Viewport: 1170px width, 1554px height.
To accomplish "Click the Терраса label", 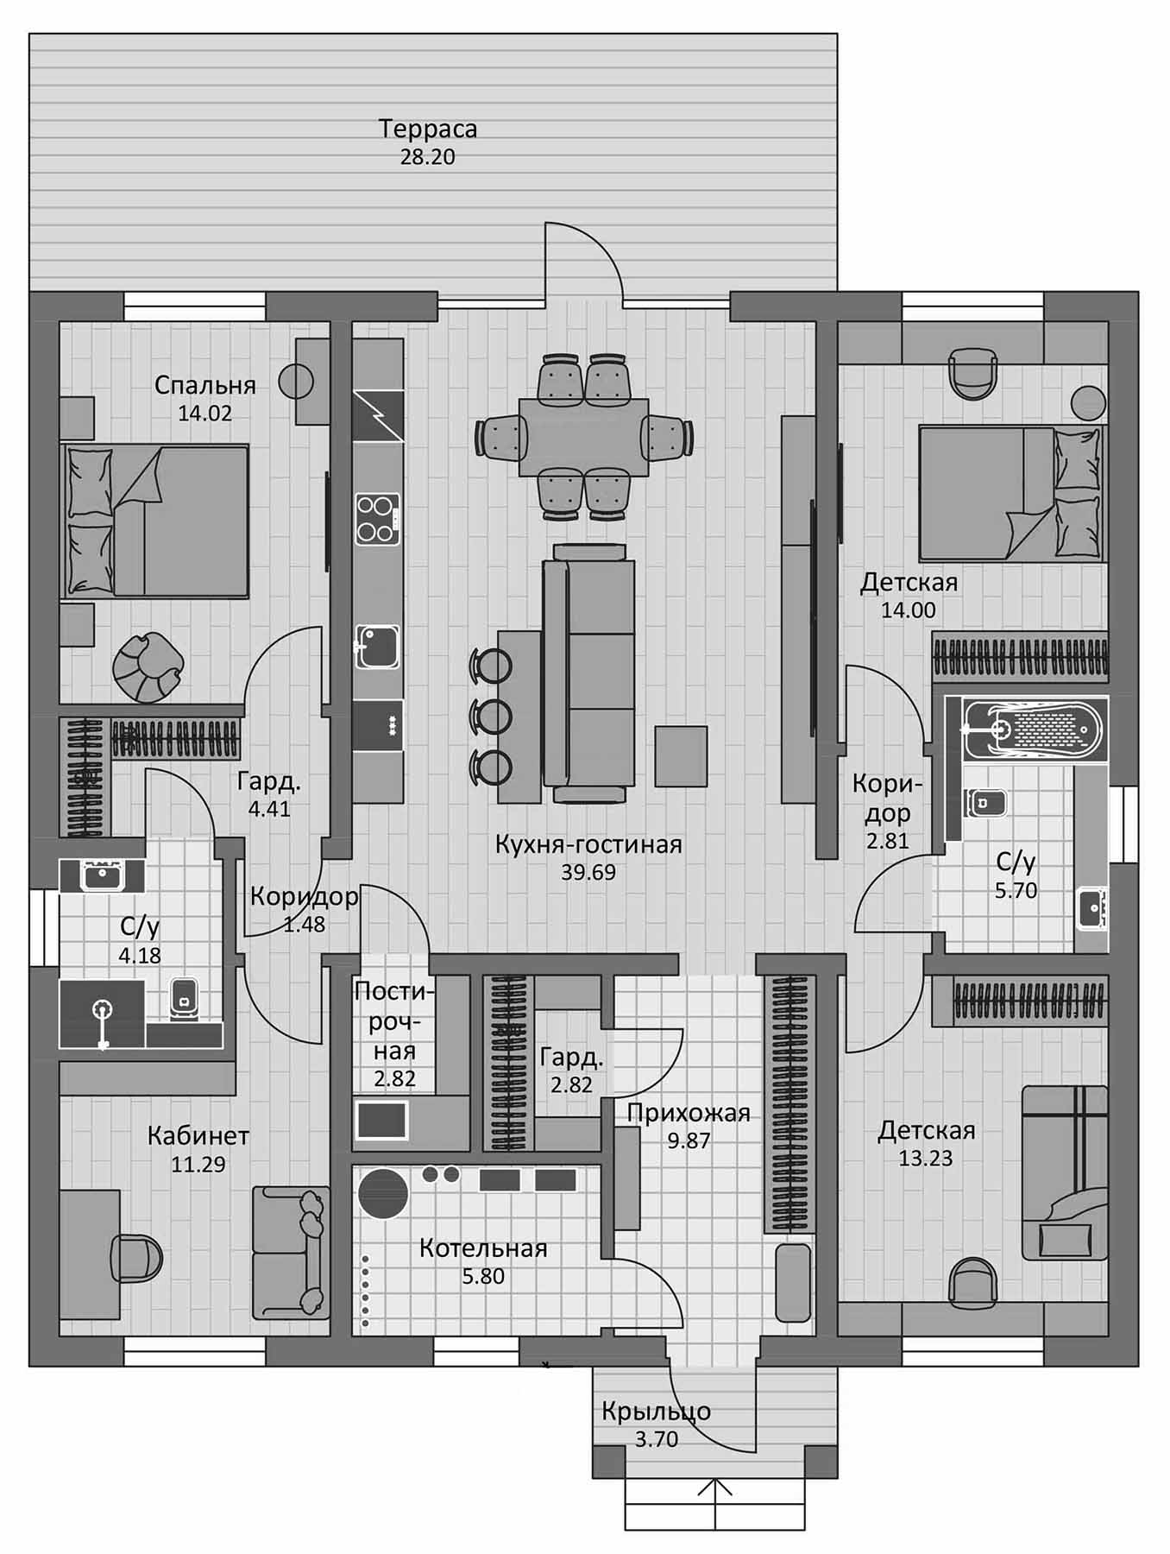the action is pyautogui.click(x=428, y=129).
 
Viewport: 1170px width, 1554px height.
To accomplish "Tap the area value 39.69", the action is pyautogui.click(x=588, y=872).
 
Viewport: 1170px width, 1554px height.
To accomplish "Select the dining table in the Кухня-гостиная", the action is pyautogui.click(x=584, y=437).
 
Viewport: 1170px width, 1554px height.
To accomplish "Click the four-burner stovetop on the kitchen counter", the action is pyautogui.click(x=378, y=518).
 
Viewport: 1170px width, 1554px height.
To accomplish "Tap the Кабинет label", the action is pyautogui.click(x=198, y=1135).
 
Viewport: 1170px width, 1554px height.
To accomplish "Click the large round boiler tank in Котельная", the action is pyautogui.click(x=384, y=1194).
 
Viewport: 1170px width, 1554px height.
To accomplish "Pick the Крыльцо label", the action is pyautogui.click(x=657, y=1412).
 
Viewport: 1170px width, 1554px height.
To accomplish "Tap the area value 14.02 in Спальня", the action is pyautogui.click(x=205, y=413).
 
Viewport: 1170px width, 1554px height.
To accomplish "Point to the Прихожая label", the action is pyautogui.click(x=689, y=1113).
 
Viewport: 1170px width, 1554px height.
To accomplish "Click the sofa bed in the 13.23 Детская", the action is pyautogui.click(x=1064, y=1172).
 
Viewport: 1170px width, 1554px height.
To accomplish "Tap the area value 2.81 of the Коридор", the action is pyautogui.click(x=888, y=840).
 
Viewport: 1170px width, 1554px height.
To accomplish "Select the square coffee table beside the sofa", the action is pyautogui.click(x=681, y=756).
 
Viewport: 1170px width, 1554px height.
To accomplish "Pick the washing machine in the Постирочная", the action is pyautogui.click(x=381, y=1121).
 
